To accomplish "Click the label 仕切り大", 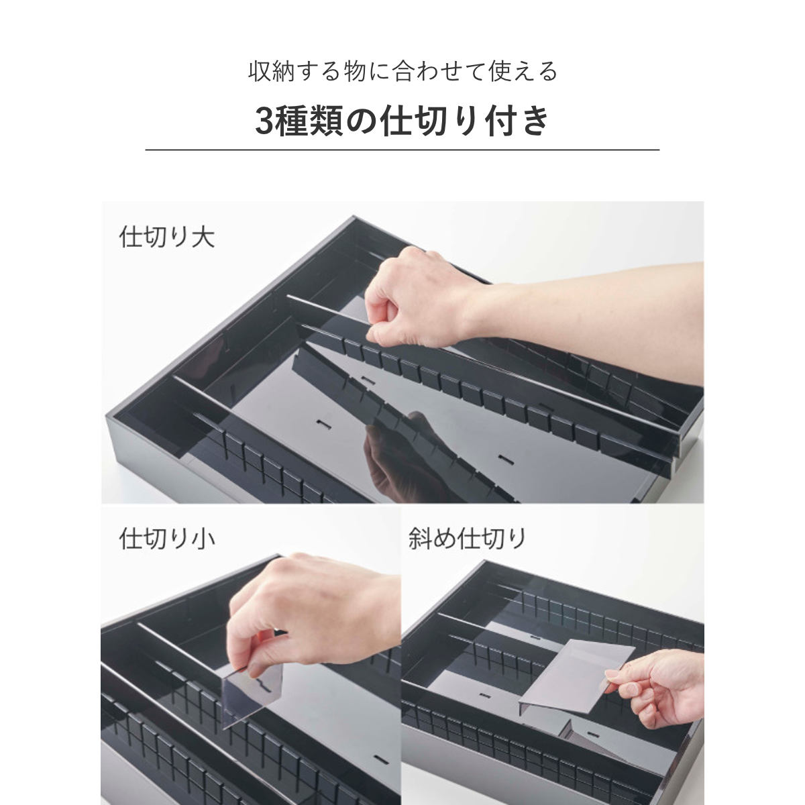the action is point(166,237).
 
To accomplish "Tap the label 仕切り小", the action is point(166,539).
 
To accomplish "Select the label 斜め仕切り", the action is point(468,539).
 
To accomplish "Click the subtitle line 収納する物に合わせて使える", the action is point(402,71).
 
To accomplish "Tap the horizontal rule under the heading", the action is point(402,149).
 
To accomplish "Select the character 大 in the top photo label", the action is point(203,237).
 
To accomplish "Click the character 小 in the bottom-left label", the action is point(203,539).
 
